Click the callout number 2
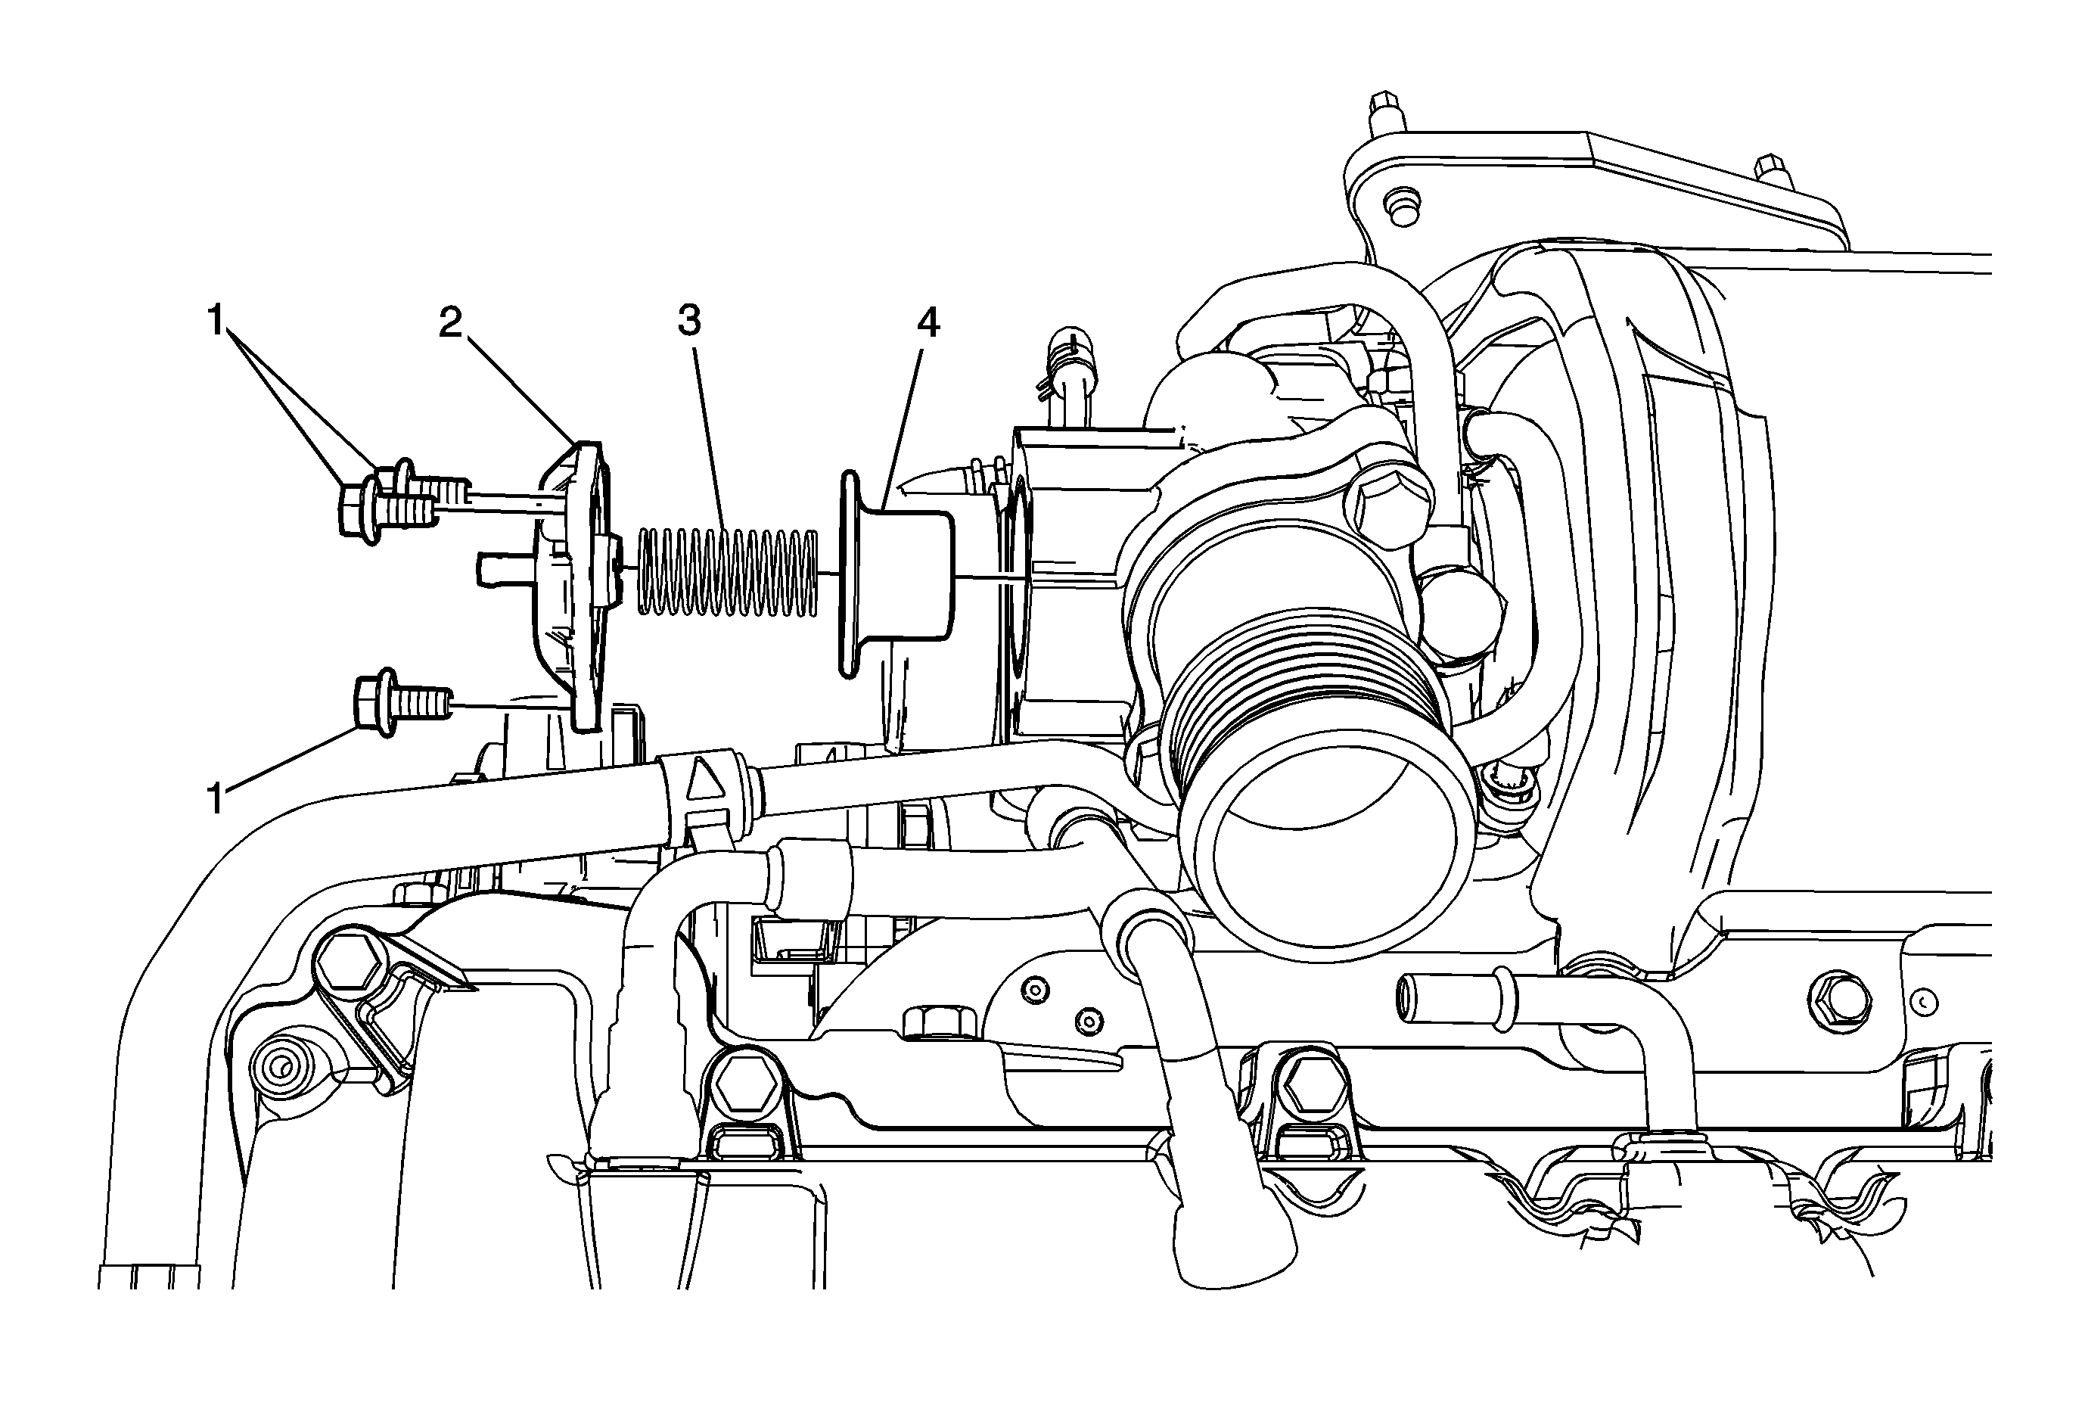click(x=450, y=322)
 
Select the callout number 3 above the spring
click(x=689, y=320)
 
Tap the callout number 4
click(x=928, y=322)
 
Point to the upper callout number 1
click(x=216, y=320)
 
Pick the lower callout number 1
click(x=216, y=798)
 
